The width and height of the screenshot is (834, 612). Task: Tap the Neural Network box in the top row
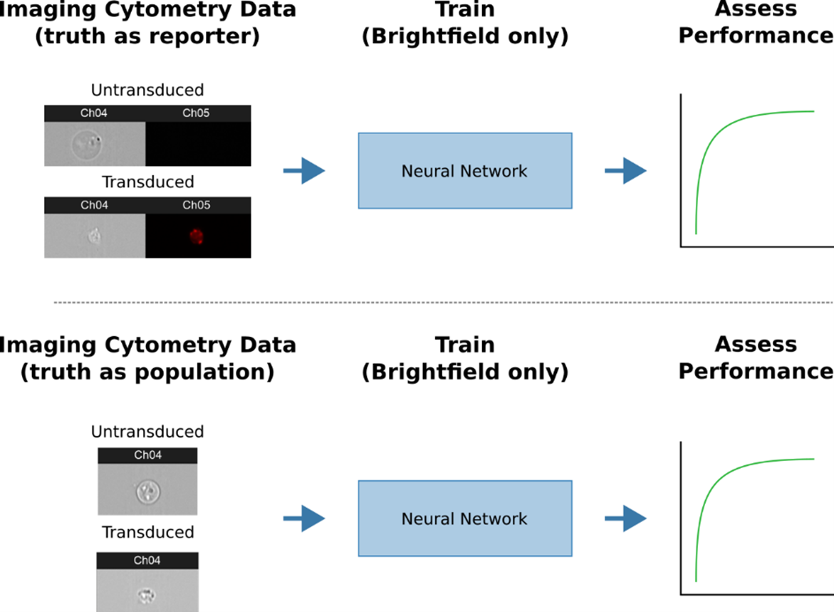click(464, 171)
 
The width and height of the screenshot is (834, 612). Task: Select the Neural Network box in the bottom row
click(464, 519)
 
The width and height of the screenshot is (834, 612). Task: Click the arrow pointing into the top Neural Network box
click(304, 171)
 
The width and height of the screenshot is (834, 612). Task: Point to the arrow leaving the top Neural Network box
click(625, 171)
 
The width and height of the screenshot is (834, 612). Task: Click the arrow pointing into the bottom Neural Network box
click(304, 519)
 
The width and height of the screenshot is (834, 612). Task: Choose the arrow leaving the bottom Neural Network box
click(625, 519)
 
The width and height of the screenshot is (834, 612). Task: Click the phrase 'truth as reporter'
click(147, 36)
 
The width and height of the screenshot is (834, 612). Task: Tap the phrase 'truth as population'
click(147, 372)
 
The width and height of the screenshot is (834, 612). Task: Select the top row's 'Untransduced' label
click(147, 90)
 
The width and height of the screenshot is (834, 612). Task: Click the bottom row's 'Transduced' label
click(147, 532)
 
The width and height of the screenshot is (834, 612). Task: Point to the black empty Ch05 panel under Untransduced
click(198, 143)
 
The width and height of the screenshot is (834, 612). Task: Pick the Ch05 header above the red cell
click(197, 205)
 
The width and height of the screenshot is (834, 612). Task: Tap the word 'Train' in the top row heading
click(464, 10)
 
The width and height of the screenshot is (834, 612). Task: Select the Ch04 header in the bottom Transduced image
click(147, 561)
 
